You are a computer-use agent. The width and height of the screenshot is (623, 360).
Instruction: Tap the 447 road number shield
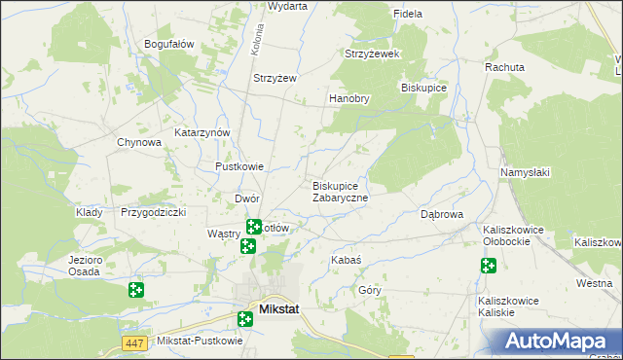coord(134,342)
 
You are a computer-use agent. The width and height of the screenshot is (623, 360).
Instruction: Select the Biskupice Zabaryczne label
coord(340,192)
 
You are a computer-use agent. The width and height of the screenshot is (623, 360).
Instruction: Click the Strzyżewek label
coord(373,54)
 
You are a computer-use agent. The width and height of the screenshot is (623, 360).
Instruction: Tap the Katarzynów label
coord(202,132)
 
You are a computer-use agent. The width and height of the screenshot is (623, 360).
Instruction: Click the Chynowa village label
coord(139,142)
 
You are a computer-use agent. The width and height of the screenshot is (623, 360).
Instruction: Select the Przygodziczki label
coord(153,212)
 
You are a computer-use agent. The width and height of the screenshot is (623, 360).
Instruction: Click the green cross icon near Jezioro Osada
coord(135,289)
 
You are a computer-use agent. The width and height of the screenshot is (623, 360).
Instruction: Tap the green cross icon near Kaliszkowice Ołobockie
coord(488,266)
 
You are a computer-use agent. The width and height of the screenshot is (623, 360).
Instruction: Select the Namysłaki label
coord(526,172)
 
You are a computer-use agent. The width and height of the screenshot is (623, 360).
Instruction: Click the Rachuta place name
coord(505,68)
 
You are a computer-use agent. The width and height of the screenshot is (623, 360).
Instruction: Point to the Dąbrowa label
coord(441,214)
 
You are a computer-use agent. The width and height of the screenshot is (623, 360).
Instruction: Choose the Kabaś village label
coord(347,261)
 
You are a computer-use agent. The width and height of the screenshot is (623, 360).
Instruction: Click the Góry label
coord(370,290)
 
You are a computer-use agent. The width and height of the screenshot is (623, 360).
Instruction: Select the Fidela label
coord(407,15)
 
